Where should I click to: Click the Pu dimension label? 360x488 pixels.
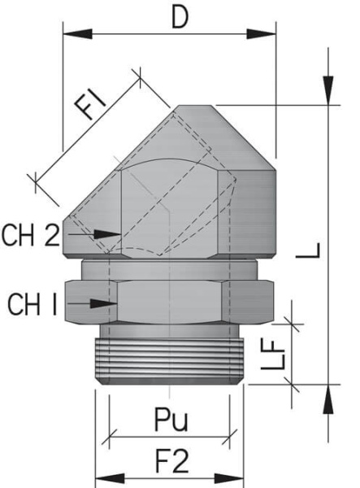[171, 420]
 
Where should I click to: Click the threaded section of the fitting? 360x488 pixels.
[170, 355]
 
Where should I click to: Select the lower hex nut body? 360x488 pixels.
[170, 300]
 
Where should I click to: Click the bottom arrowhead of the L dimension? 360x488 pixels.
[327, 399]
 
